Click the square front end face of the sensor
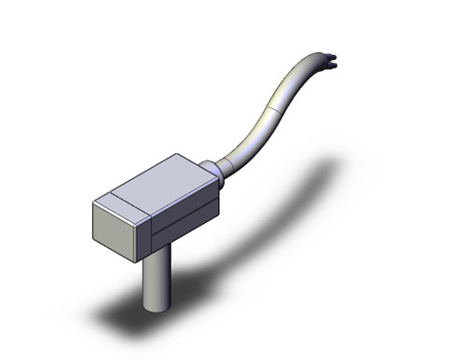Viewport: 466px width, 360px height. pos(118,228)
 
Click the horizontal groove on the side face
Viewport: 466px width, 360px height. pos(186,220)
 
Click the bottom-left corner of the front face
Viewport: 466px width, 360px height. pos(93,242)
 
